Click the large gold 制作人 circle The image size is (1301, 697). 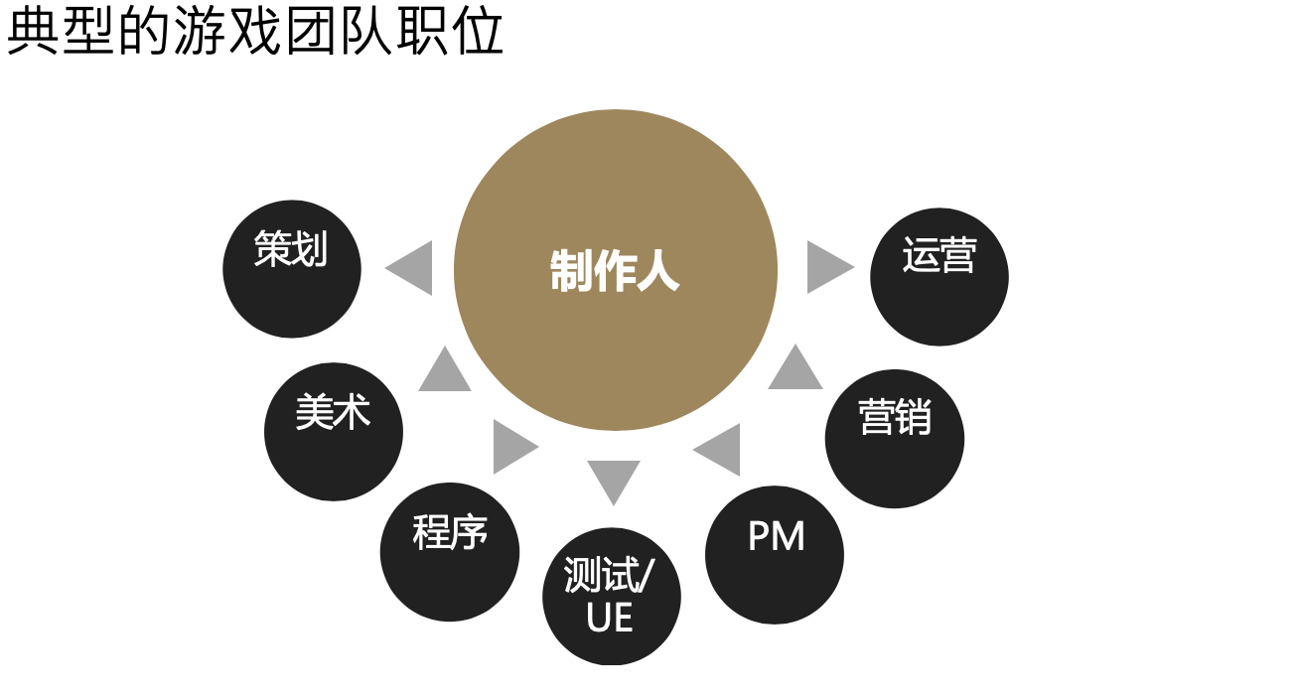coord(615,270)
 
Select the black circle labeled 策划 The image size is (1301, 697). coord(292,268)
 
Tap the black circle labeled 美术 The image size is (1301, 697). coord(334,432)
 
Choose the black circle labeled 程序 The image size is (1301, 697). coord(450,552)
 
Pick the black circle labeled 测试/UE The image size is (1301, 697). coord(612,597)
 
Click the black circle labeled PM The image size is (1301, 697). coord(775,555)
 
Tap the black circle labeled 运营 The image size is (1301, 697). coord(940,277)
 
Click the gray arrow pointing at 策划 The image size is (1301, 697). coord(412,268)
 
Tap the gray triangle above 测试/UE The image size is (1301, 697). coord(614,480)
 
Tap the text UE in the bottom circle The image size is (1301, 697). coord(610,619)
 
